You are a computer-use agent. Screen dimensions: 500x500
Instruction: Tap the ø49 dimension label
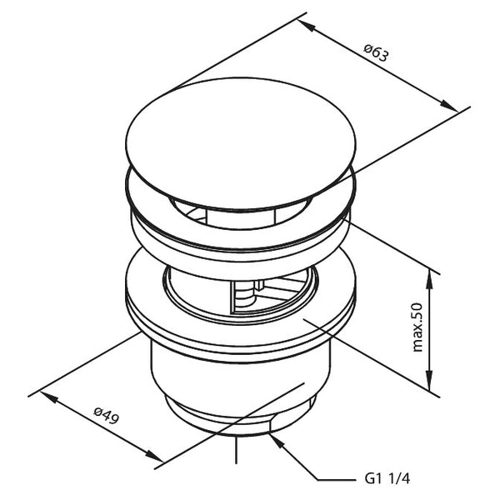(106, 416)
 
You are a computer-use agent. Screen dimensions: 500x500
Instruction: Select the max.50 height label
(418, 327)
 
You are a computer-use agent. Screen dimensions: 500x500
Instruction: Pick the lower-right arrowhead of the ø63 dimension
(450, 107)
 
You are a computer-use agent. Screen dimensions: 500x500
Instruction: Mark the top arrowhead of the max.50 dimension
(432, 274)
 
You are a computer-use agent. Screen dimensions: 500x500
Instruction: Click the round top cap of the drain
(242, 142)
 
